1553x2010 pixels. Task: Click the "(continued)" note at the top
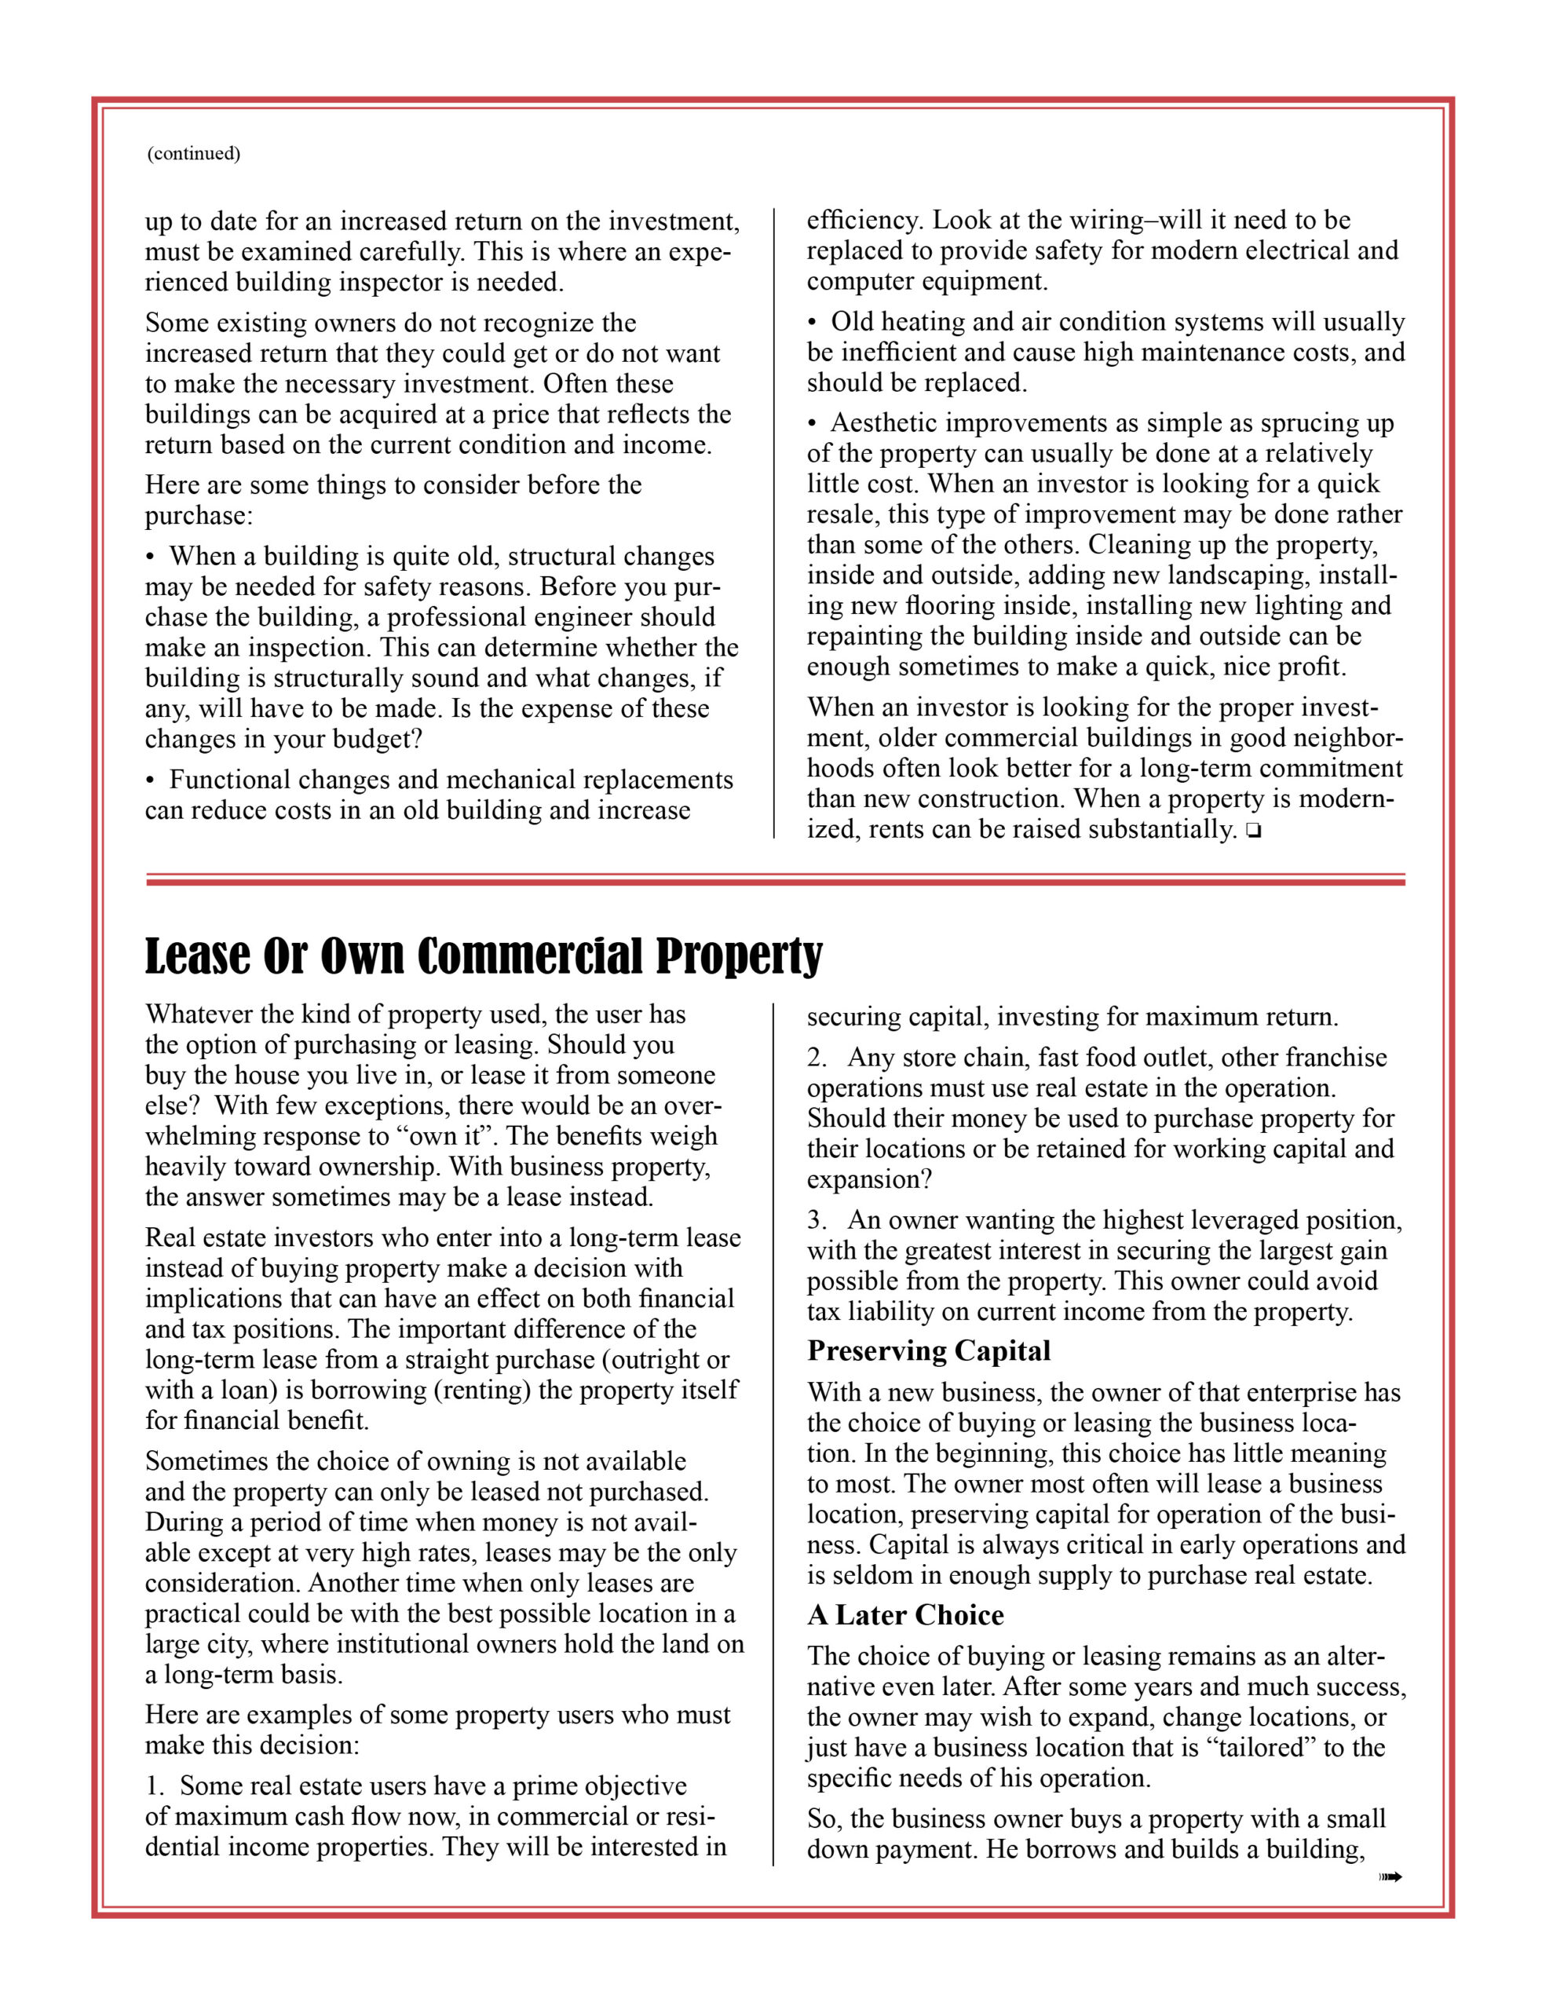tap(193, 154)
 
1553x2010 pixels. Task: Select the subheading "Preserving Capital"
tap(928, 1350)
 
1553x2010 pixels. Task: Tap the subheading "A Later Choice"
tap(905, 1614)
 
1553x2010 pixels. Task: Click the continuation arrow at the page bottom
tap(1390, 1877)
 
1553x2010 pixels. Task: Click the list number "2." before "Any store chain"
tap(817, 1058)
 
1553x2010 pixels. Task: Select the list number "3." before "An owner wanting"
tap(817, 1220)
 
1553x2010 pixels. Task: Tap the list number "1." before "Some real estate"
tap(155, 1786)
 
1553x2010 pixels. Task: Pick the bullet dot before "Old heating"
tap(812, 323)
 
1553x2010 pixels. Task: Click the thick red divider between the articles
tap(775, 882)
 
